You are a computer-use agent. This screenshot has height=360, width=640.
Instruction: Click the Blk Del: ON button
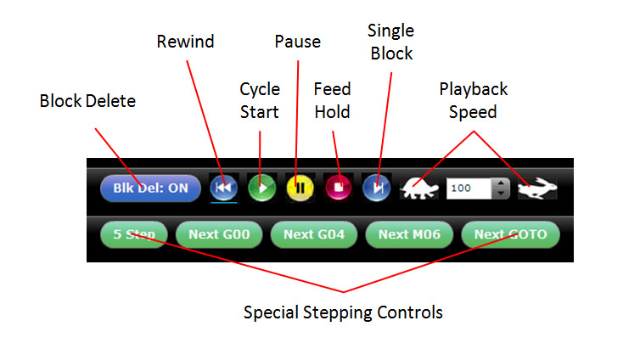tap(149, 188)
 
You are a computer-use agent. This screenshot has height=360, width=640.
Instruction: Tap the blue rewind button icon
tap(223, 187)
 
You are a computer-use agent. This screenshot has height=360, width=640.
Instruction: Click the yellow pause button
tap(299, 187)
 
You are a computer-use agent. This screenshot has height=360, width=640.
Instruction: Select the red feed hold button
tap(337, 187)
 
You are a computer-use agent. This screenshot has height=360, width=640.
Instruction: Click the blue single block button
tap(375, 187)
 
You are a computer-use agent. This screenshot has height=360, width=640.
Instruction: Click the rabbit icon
tap(538, 188)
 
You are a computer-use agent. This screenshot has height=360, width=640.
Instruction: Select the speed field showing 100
tap(469, 188)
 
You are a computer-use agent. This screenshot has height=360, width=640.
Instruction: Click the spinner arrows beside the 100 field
tap(501, 188)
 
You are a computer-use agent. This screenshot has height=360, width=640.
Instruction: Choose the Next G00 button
tap(218, 233)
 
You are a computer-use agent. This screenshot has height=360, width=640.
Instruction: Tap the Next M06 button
tap(409, 233)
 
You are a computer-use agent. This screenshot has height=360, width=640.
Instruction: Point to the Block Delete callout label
tap(87, 101)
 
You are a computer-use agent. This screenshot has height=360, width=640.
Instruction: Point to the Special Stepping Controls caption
tap(343, 312)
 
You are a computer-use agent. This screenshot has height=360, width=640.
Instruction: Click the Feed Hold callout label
tap(332, 100)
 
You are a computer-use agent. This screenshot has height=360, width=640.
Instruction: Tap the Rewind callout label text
tap(185, 41)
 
